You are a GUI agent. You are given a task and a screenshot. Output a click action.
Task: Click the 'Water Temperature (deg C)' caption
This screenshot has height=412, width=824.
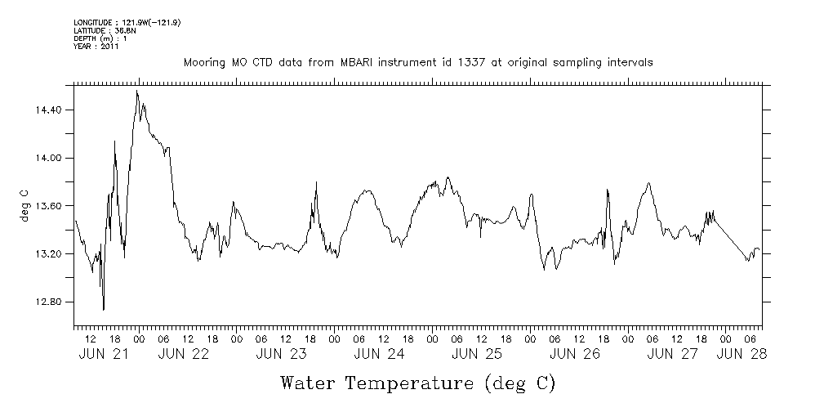click(417, 383)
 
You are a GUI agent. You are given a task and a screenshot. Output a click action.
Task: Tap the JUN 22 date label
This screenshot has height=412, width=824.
click(183, 354)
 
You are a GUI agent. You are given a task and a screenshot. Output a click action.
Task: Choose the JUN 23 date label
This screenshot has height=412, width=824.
click(281, 354)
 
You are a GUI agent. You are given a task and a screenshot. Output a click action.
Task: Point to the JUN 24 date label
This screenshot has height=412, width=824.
click(379, 354)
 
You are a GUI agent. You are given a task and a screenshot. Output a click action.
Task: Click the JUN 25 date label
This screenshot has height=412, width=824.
click(476, 354)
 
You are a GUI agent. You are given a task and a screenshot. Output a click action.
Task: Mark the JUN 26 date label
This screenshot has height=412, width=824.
click(574, 354)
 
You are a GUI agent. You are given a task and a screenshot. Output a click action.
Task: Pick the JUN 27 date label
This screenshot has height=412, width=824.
click(672, 354)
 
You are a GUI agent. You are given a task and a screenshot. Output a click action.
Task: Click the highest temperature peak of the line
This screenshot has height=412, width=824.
click(137, 91)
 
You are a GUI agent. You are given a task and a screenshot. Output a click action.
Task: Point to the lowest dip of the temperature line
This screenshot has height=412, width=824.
click(104, 310)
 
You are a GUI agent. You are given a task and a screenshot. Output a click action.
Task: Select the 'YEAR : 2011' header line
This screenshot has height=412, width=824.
click(96, 47)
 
